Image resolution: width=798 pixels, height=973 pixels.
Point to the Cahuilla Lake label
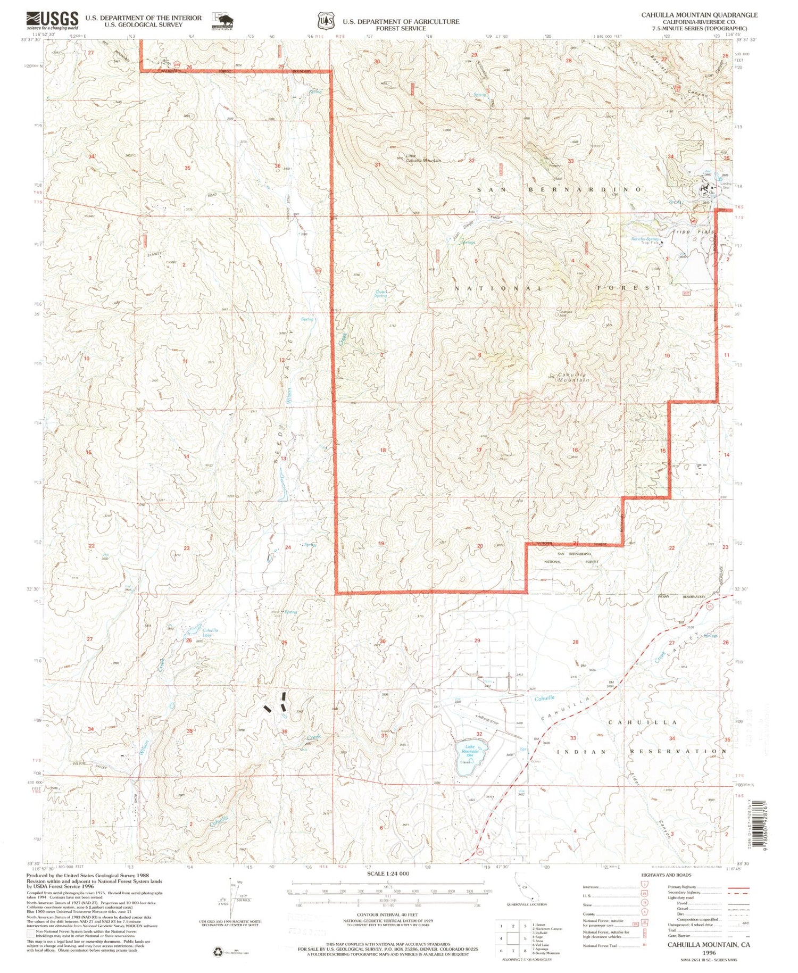(x=210, y=633)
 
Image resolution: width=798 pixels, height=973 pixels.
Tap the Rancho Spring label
(x=645, y=240)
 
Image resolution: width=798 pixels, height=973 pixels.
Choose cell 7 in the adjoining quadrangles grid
(x=513, y=950)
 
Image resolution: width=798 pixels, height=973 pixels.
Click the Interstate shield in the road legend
(x=641, y=887)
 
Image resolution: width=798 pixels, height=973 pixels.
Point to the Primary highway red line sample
(x=738, y=888)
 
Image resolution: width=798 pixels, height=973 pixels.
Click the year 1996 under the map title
(x=710, y=953)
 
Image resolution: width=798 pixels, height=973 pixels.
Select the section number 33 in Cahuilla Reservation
(x=573, y=738)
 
